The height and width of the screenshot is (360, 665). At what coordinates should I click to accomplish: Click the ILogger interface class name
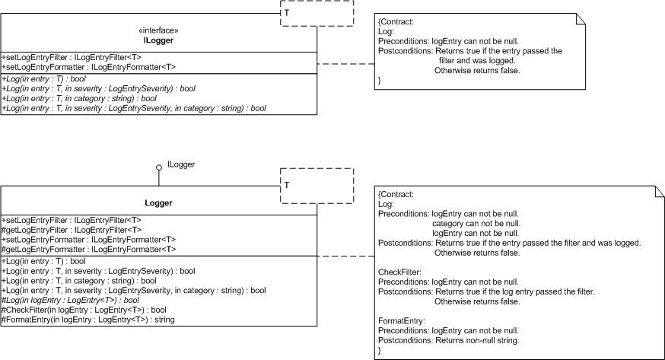pos(158,40)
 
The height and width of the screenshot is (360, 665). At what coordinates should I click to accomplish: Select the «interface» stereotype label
pos(158,30)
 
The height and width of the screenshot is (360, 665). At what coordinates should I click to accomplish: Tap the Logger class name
pos(158,203)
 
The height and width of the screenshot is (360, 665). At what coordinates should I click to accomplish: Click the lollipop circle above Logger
pos(158,167)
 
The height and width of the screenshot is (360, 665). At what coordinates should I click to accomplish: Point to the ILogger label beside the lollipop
pos(181,164)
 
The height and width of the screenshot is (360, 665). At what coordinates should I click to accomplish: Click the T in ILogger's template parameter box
pos(287,13)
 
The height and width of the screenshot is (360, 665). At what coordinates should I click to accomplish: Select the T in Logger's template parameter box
pos(287,185)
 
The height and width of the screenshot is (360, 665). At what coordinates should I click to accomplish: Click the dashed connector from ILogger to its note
pos(345,64)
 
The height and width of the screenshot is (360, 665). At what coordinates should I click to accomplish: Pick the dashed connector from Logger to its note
pos(345,256)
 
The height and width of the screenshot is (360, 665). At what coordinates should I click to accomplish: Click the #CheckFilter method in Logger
pos(84,310)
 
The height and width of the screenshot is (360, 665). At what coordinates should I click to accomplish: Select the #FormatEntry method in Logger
pos(87,320)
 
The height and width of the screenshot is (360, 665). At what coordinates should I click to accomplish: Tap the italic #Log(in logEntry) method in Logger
pos(71,300)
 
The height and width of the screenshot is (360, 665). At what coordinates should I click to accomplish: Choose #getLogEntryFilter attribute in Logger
pos(72,231)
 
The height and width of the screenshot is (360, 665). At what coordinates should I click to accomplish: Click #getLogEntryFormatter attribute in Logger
pos(88,250)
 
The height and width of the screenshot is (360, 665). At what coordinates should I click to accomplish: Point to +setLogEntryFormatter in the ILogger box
pos(88,67)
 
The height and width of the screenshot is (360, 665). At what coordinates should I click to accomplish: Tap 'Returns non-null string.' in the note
pos(477,340)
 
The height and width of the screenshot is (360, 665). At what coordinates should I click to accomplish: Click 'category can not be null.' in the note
pos(476,224)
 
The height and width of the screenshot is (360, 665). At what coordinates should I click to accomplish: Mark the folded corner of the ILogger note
pos(581,18)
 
